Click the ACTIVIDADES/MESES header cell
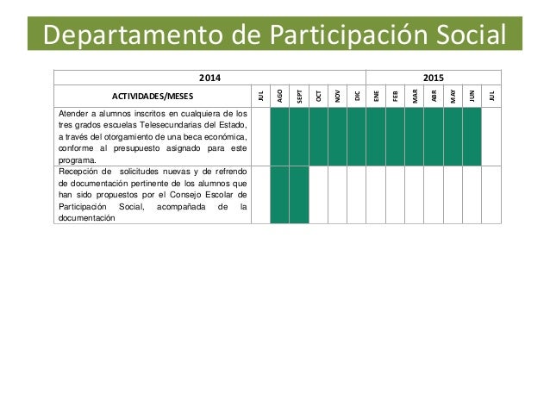153,97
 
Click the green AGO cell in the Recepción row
279,195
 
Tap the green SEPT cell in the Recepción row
298,195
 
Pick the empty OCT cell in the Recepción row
318,195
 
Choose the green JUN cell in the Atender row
472,136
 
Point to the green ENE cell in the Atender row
376,136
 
